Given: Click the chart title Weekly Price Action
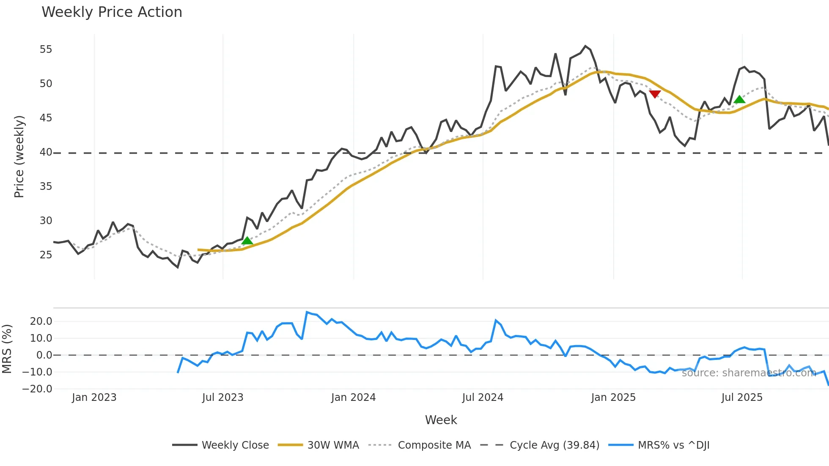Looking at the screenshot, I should pos(112,12).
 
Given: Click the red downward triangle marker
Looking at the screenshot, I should pos(655,94).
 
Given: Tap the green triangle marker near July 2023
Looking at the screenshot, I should pos(247,241).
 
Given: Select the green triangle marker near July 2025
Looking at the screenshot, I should pos(739,99).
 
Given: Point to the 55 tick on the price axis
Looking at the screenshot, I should pos(46,49).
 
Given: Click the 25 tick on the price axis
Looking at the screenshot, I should pos(46,255).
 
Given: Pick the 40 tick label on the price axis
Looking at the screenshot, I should pos(46,152).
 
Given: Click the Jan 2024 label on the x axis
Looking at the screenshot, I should pos(353,397).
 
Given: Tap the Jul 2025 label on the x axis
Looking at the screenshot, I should pos(742,397).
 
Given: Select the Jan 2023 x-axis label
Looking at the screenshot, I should pos(94,397).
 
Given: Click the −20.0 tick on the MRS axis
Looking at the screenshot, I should pos(37,389).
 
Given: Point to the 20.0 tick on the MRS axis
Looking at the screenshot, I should pos(41,321).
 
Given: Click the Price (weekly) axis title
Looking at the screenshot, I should pos(19,156).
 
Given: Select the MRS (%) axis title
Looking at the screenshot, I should pos(7,349).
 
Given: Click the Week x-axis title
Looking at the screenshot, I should pos(441,420).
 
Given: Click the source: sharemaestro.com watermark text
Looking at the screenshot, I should pos(749,373).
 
